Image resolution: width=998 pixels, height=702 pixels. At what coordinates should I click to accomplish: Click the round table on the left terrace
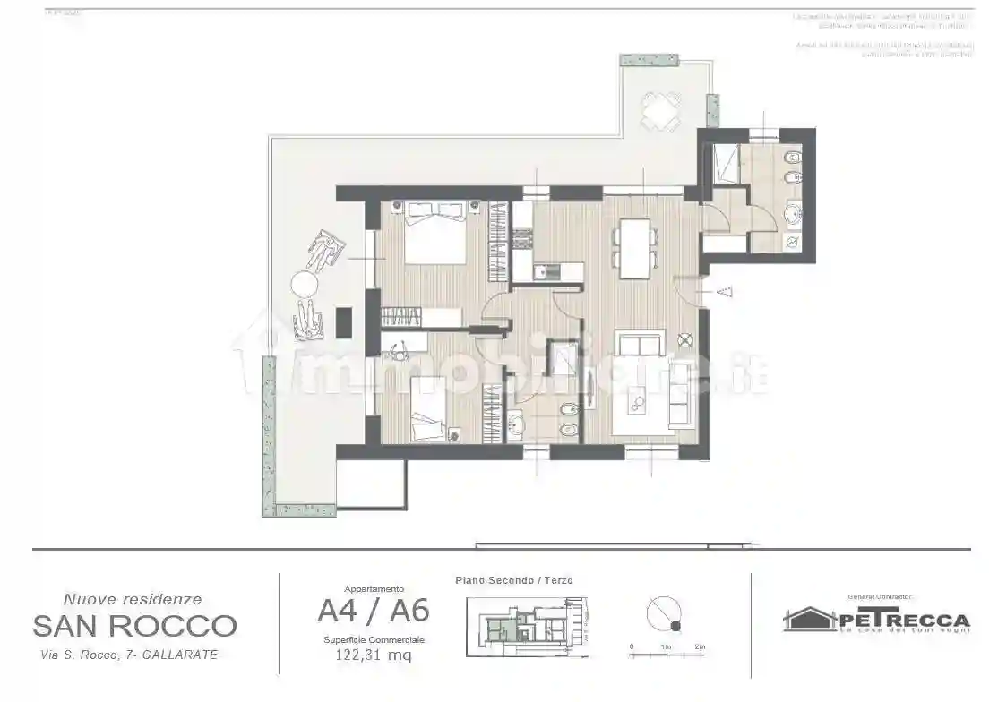point(304,286)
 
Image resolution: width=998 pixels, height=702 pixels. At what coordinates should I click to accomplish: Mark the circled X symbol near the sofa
point(685,339)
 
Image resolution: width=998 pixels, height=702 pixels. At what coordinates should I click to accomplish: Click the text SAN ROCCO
point(134,625)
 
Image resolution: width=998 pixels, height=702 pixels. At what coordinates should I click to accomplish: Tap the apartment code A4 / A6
point(373,611)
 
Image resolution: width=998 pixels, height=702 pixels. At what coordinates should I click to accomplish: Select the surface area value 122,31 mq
point(374,655)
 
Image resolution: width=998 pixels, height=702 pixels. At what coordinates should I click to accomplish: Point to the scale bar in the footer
point(667,655)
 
